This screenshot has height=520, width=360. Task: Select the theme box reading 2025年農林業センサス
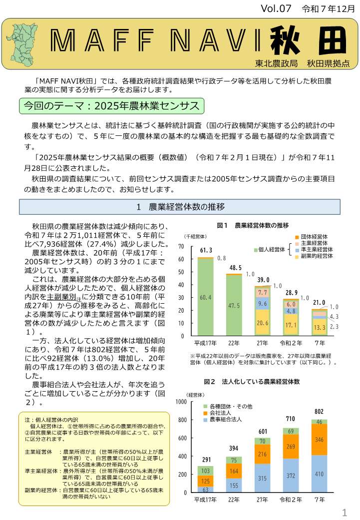click(111, 106)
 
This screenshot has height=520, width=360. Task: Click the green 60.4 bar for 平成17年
click(205, 297)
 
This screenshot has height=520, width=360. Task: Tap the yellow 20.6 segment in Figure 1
click(263, 323)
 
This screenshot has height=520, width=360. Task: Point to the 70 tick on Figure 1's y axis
click(180, 247)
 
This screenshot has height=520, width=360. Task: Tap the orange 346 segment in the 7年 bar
click(320, 440)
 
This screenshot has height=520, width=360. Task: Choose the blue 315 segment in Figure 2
click(263, 478)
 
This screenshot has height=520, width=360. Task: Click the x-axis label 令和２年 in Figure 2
click(291, 500)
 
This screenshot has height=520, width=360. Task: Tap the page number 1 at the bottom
click(345, 513)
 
